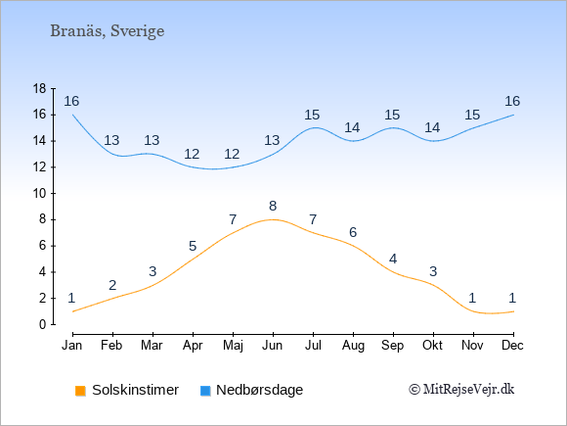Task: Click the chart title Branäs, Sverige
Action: [x=107, y=31]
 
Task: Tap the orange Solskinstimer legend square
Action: [x=80, y=391]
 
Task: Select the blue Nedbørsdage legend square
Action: [x=205, y=391]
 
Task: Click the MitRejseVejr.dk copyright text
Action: [x=461, y=390]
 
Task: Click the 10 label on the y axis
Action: [x=39, y=193]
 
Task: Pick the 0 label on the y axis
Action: [x=43, y=324]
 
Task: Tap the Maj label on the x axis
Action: [x=233, y=346]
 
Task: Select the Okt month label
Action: [x=432, y=346]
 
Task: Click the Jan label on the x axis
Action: [x=72, y=346]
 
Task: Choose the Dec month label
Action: [x=512, y=346]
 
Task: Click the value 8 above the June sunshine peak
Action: [x=273, y=206]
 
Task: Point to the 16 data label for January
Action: [x=71, y=101]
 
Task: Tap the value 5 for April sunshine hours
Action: [x=193, y=247]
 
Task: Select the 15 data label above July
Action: [x=312, y=115]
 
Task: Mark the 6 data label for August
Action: [x=353, y=232]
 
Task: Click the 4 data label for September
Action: [x=393, y=259]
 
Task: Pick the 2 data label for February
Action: [x=112, y=285]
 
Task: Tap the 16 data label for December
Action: [x=512, y=101]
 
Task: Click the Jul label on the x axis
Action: [x=313, y=346]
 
